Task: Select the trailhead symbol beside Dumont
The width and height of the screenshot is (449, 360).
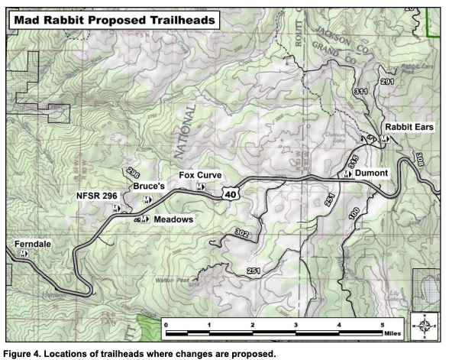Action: pos(348,174)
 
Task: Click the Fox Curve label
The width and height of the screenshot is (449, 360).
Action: pos(200,175)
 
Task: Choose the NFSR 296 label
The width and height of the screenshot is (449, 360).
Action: pos(95,196)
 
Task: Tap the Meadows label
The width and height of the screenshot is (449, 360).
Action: pos(173,219)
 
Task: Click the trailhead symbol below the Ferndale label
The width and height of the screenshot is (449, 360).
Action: pos(24,253)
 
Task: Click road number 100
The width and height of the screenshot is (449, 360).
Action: pos(354,216)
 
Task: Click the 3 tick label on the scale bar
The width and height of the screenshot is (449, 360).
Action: pos(296,325)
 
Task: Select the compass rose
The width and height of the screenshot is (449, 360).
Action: pos(423,325)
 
